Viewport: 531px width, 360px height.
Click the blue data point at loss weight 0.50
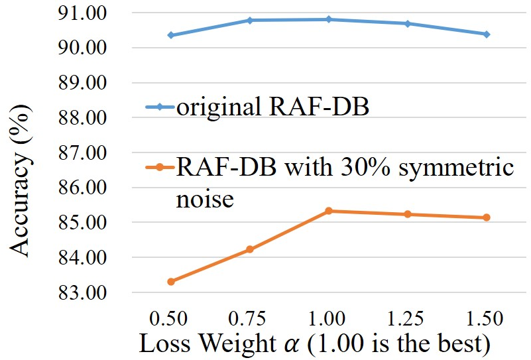coord(171,35)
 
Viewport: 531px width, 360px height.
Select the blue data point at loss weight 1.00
coord(329,19)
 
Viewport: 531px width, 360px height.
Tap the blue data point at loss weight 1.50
coord(487,34)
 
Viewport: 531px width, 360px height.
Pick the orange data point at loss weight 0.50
coord(171,281)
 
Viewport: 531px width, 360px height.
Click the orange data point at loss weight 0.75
coord(250,249)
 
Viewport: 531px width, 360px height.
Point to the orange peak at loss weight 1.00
coord(329,211)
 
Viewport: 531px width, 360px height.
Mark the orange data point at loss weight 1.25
coord(408,214)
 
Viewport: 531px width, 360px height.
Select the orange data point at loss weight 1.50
coord(487,217)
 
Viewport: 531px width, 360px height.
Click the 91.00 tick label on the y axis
coord(83,13)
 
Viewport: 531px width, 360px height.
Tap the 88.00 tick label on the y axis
coord(83,117)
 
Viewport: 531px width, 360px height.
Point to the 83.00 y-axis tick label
coord(83,292)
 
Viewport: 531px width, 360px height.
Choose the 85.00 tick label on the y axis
coord(83,223)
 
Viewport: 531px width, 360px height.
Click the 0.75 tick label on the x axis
coord(247,319)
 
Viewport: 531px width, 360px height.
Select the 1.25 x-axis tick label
coord(405,319)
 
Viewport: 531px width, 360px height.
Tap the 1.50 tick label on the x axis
coord(485,319)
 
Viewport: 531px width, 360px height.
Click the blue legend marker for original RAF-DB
coord(160,107)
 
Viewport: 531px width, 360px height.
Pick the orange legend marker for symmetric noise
coord(160,167)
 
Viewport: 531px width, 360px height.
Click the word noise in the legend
coord(205,199)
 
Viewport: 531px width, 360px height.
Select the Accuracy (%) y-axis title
coord(21,180)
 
